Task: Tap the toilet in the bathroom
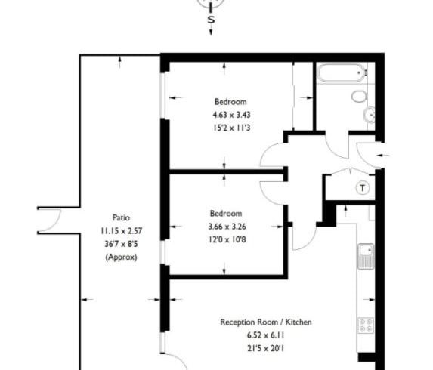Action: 359,97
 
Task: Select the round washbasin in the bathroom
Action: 370,115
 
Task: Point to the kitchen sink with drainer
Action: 366,257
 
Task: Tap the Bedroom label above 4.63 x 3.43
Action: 230,101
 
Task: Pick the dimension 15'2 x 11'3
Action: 230,128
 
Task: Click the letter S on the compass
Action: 211,21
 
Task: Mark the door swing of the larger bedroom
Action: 272,157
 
